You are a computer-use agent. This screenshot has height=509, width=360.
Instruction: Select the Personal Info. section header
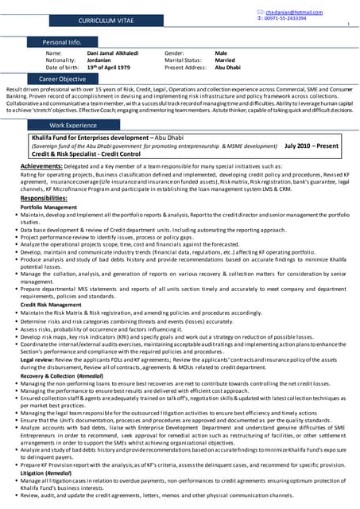62,41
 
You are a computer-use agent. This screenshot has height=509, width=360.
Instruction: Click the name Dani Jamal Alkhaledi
111,53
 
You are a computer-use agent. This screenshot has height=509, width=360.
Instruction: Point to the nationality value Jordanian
101,60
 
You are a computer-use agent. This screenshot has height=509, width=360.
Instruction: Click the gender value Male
221,53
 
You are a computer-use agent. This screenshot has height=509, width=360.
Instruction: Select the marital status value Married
225,60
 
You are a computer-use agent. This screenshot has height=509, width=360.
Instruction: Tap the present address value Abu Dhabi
228,67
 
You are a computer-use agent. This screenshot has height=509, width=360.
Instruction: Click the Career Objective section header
62,80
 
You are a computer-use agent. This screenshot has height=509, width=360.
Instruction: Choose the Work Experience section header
73,126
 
